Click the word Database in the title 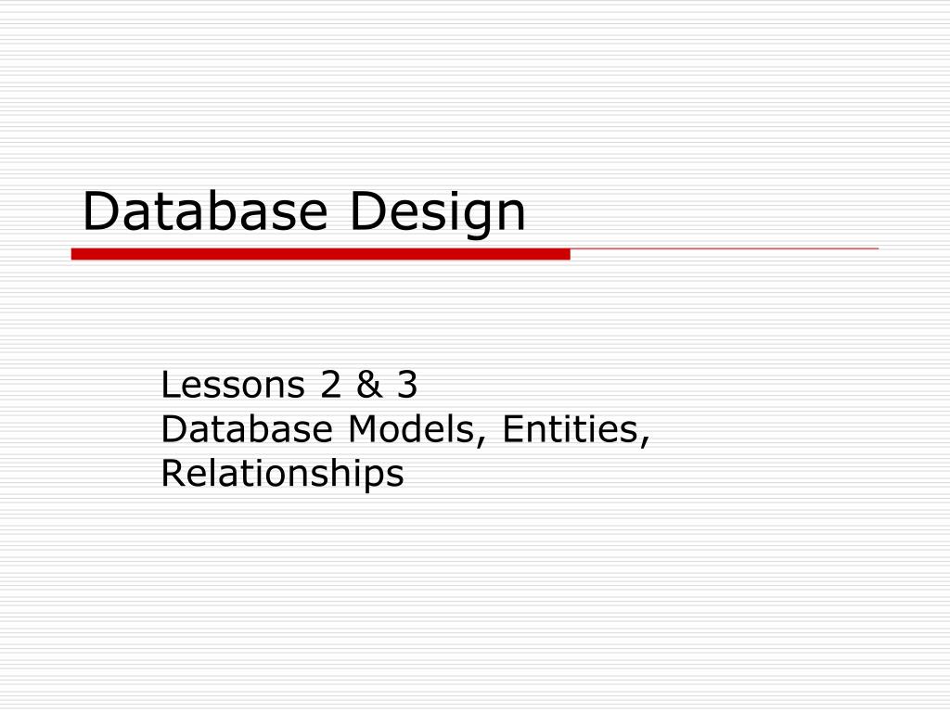point(204,211)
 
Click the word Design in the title point(437,211)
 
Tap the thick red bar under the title point(320,254)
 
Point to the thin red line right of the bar point(724,249)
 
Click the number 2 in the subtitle point(330,385)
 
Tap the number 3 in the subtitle point(407,385)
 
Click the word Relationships point(282,474)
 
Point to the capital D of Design point(364,211)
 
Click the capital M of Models point(361,429)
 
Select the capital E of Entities point(511,429)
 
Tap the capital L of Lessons point(169,385)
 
